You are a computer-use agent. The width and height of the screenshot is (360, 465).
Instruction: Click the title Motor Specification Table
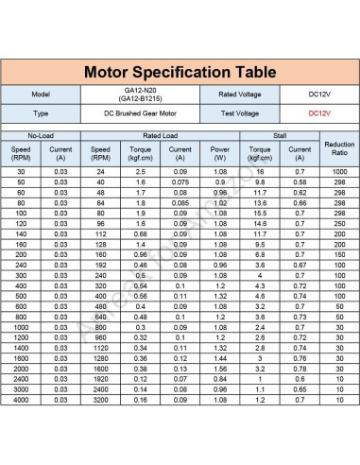pos(180,72)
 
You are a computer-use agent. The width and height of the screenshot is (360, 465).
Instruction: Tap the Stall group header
pos(277,136)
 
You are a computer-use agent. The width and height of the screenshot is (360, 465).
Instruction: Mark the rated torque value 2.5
pos(140,172)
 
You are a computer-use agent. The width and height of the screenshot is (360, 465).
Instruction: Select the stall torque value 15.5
pos(259,212)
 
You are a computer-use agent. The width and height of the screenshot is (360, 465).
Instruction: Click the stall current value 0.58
pos(300,182)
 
